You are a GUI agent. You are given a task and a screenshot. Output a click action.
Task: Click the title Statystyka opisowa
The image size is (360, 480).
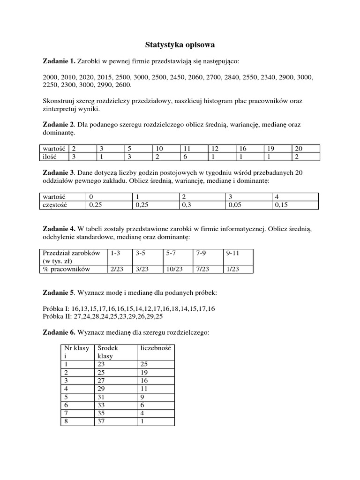(180, 45)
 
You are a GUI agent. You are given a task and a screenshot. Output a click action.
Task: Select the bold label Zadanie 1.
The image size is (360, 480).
(59, 61)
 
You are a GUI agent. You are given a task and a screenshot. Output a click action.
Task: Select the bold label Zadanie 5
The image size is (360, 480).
(59, 293)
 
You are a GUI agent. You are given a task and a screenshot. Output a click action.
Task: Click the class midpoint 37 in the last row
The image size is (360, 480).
(101, 421)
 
